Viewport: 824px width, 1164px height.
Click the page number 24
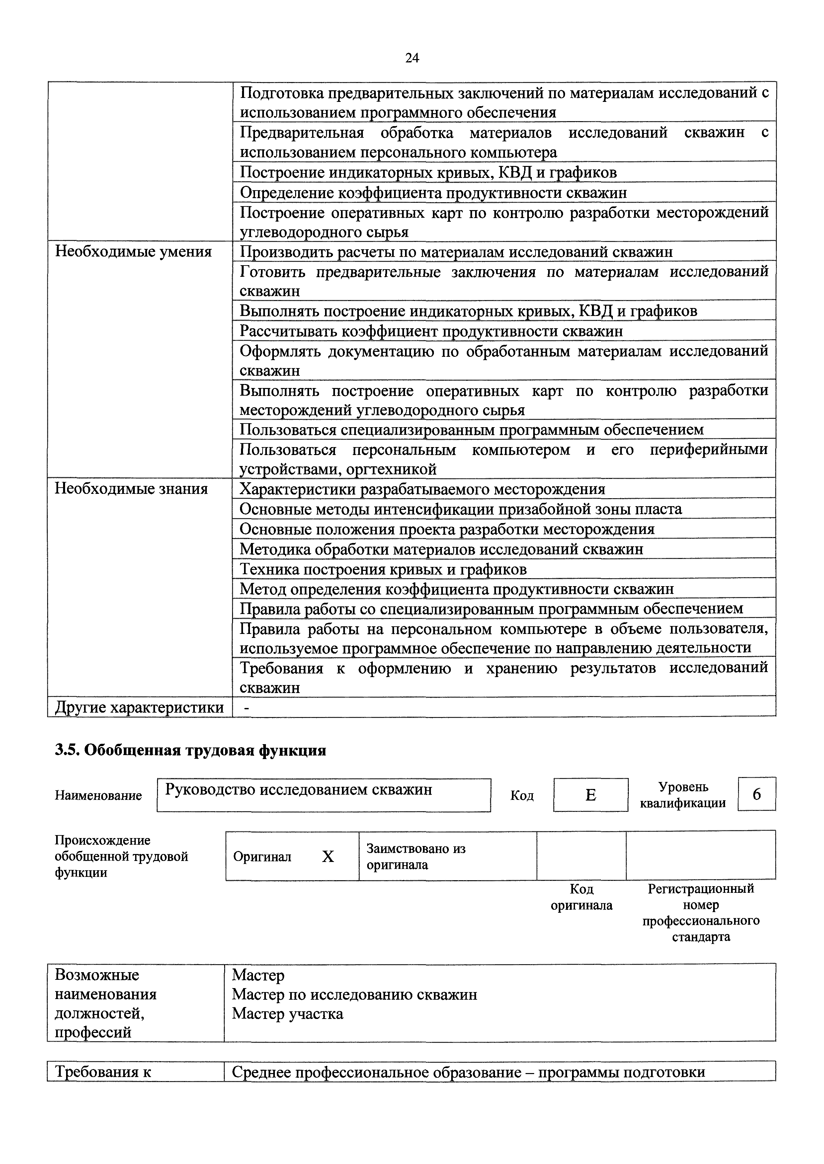pyautogui.click(x=412, y=58)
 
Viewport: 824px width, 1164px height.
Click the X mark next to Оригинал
pyautogui.click(x=328, y=857)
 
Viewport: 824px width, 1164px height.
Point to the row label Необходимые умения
pyautogui.click(x=133, y=252)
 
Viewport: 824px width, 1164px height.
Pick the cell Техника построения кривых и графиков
pyautogui.click(x=383, y=569)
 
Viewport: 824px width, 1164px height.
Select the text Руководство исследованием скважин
pyautogui.click(x=299, y=790)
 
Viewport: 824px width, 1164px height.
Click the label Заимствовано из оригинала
pyautogui.click(x=416, y=857)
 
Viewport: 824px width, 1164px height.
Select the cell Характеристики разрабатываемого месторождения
pyautogui.click(x=422, y=489)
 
